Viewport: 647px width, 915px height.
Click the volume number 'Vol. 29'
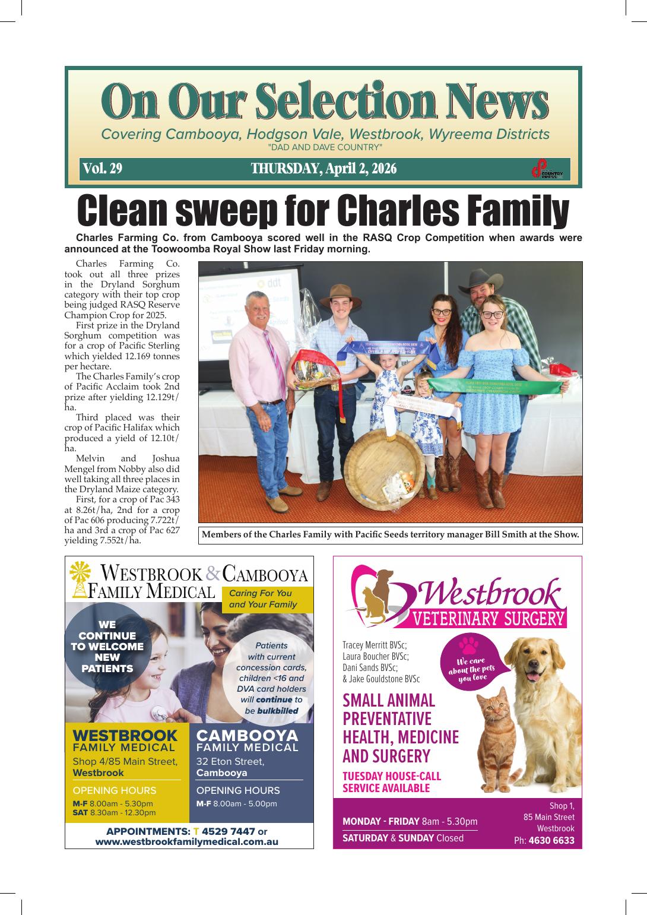(x=103, y=169)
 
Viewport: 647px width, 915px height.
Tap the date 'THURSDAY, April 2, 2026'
(x=323, y=169)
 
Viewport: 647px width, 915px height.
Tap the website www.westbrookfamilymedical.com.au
(x=186, y=841)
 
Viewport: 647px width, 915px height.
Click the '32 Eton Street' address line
(x=230, y=762)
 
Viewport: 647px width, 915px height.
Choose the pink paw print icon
(x=470, y=644)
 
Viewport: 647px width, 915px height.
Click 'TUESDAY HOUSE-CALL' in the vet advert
(x=392, y=776)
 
